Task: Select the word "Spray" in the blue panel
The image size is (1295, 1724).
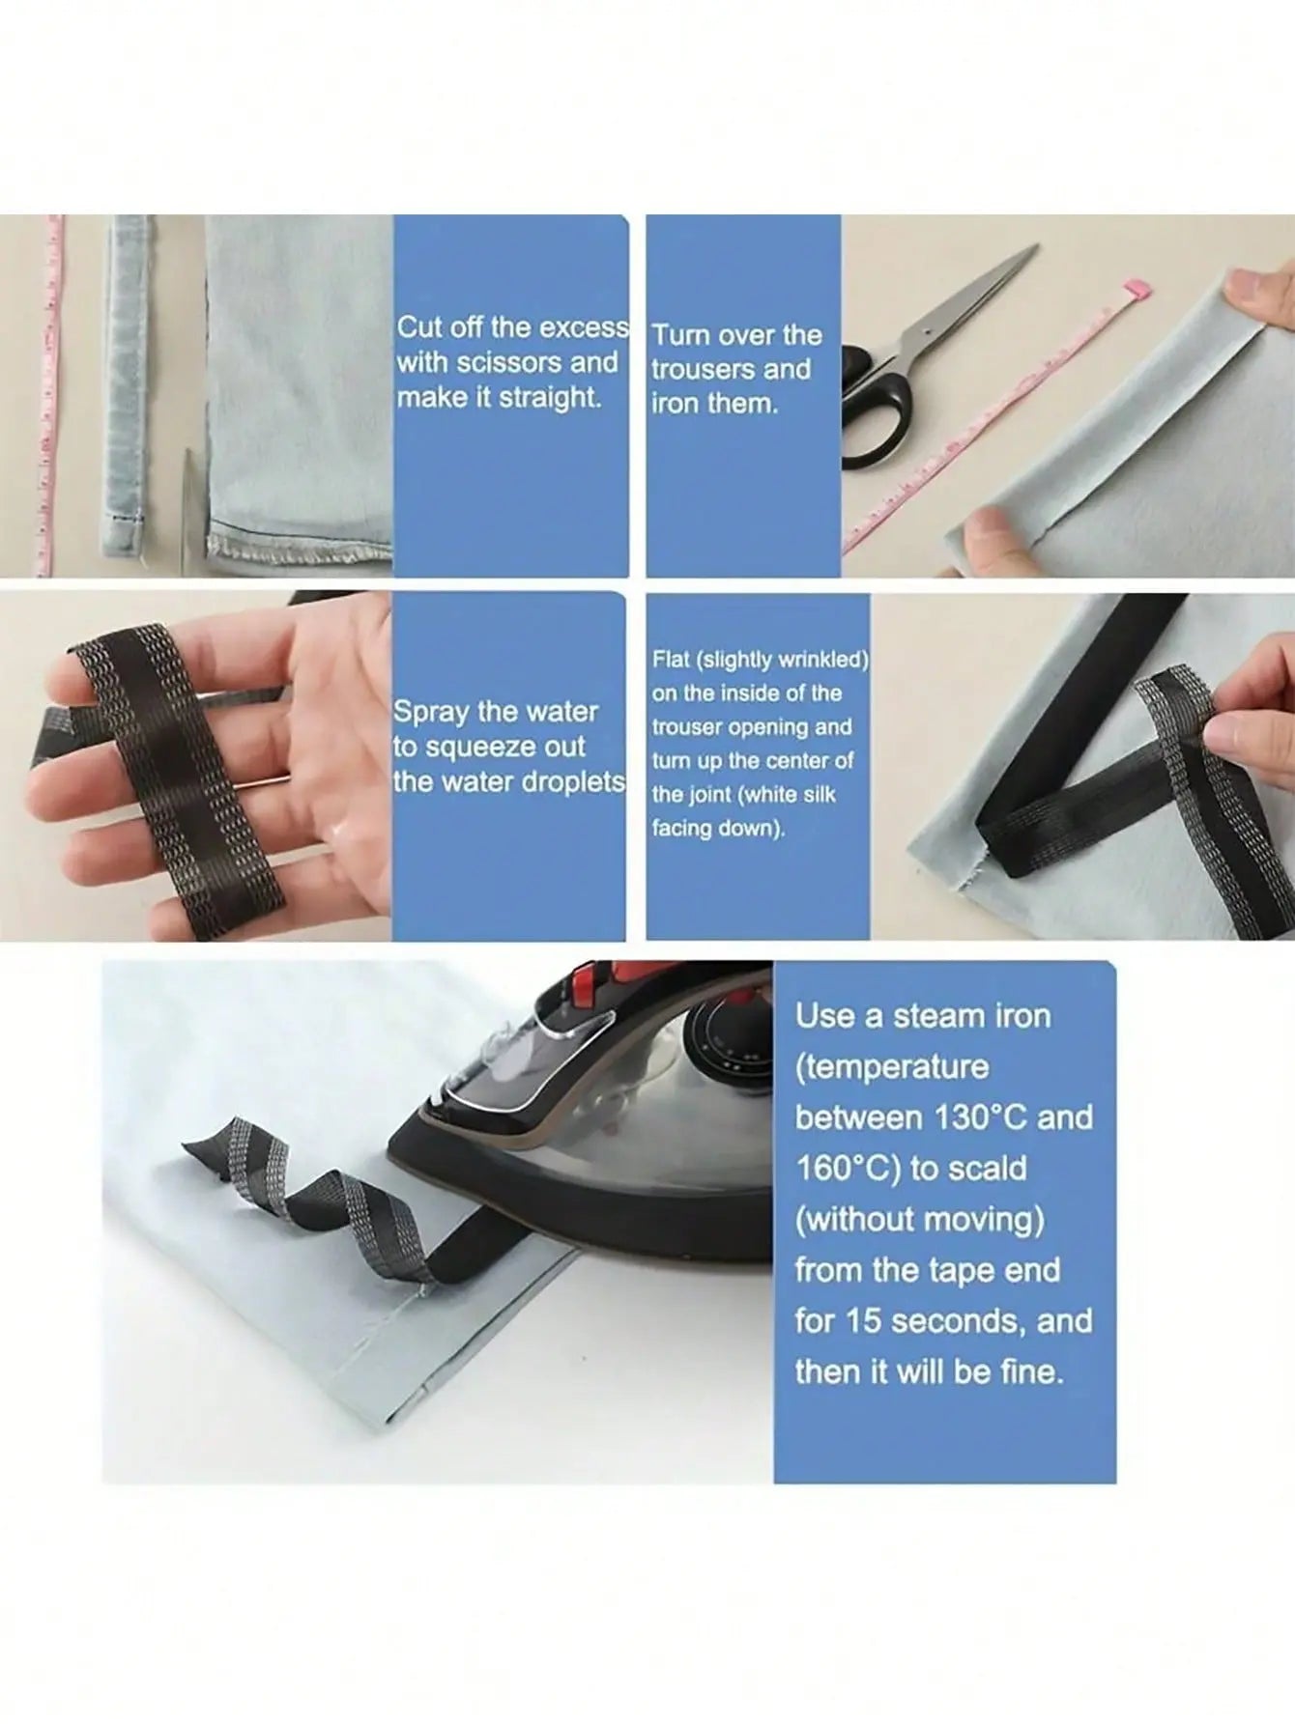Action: pos(431,714)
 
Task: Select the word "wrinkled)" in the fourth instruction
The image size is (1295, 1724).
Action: pos(822,661)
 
